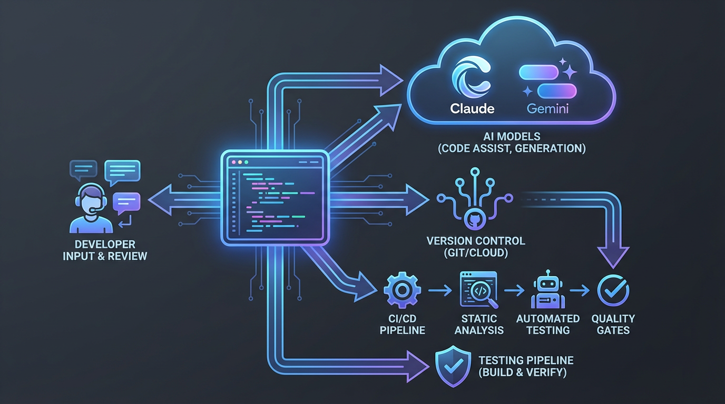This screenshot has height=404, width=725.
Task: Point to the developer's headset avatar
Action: click(x=91, y=208)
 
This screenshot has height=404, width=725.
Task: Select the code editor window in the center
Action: click(x=275, y=197)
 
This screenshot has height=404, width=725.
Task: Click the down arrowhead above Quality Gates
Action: click(x=613, y=256)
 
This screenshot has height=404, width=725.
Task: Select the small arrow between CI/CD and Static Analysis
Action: click(x=439, y=290)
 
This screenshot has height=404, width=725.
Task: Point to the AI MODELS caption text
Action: click(x=511, y=143)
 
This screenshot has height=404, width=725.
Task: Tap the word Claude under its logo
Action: click(x=472, y=109)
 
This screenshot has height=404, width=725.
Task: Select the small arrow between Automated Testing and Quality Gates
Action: click(x=582, y=290)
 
